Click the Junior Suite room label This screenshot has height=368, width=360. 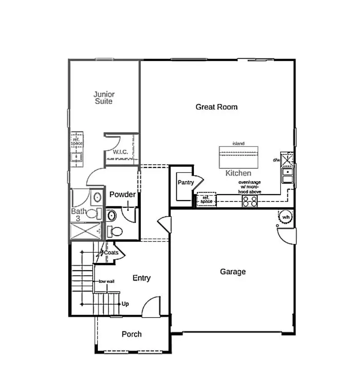(x=104, y=98)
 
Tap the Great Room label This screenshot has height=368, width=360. (x=216, y=107)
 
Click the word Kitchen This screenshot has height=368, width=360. (x=238, y=173)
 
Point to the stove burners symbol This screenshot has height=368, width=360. (x=250, y=201)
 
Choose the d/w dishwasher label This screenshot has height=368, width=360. (x=276, y=160)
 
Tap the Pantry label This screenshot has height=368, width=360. (x=186, y=182)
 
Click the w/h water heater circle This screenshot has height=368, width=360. (x=286, y=218)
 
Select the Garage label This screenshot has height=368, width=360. (x=233, y=272)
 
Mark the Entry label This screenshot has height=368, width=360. (x=141, y=278)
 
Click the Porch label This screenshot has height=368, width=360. (x=131, y=335)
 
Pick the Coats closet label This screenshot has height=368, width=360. (x=111, y=253)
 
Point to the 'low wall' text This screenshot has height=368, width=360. (x=107, y=281)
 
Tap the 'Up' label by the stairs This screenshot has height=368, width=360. (x=125, y=304)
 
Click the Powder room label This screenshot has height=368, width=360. (x=123, y=195)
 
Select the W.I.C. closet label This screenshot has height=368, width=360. (x=120, y=152)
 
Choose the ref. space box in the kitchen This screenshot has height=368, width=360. (x=206, y=200)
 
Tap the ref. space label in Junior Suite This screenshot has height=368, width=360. (x=77, y=142)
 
